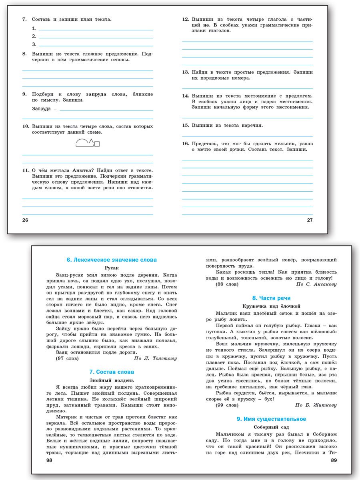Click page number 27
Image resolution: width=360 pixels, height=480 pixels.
point(310,220)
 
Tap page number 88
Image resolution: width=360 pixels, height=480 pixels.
point(49,460)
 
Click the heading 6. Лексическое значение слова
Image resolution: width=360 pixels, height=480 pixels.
point(112,260)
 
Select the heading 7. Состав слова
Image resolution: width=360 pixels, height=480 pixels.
point(112,372)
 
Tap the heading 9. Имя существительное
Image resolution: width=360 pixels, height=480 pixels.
point(271,419)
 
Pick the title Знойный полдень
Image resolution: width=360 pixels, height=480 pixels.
point(112,380)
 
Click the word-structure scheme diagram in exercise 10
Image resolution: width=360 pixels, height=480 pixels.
point(87,142)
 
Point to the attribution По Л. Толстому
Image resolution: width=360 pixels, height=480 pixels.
point(155,358)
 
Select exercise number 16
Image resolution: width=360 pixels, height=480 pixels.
point(186,143)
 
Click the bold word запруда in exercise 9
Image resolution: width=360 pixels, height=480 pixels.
point(96,94)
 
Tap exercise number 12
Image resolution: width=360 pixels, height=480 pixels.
point(186,19)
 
